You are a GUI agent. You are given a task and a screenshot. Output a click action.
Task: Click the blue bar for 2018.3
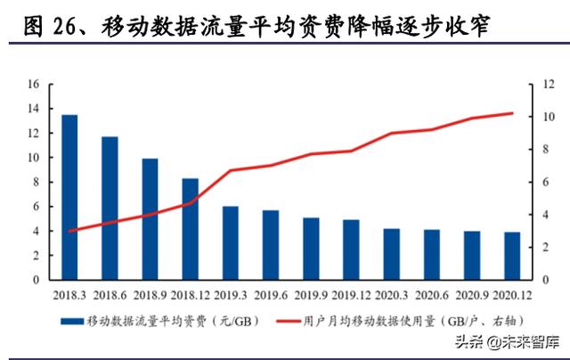[69, 197]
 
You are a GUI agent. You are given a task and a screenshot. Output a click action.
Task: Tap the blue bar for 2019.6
[271, 244]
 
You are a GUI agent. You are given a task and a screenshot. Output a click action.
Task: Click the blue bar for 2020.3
[392, 253]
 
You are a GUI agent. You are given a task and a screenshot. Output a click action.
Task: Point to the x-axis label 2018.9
[151, 292]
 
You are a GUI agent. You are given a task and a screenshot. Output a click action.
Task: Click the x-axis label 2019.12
[352, 292]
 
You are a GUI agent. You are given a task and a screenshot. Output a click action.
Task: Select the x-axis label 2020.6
[432, 292]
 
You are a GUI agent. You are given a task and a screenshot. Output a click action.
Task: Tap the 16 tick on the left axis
[34, 85]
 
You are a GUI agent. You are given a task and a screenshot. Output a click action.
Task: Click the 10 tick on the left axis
[34, 158]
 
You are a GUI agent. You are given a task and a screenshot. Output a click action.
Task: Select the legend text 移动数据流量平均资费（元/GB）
[169, 320]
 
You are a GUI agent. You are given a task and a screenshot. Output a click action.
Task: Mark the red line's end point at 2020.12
[512, 113]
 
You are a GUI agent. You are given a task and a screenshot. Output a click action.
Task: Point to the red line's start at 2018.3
[69, 231]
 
